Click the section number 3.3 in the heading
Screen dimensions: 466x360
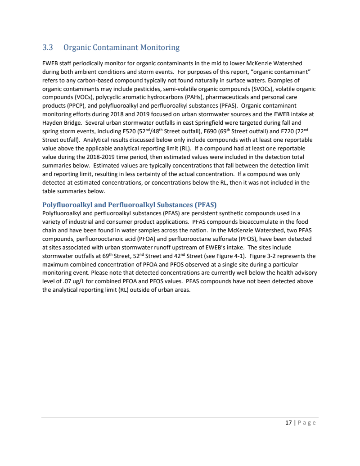pos(48,47)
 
